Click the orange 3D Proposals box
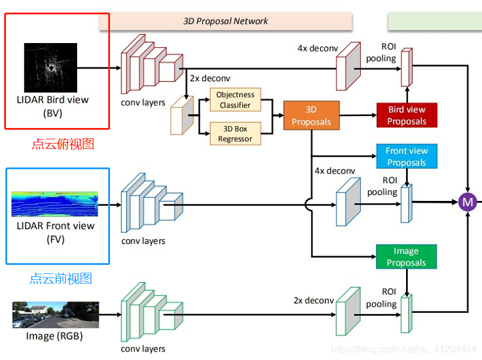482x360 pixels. click(311, 116)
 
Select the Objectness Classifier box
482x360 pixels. click(235, 99)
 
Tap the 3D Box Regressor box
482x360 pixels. click(235, 133)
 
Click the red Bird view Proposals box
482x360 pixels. click(407, 115)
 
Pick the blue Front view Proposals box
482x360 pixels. click(407, 156)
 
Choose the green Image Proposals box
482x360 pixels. click(406, 257)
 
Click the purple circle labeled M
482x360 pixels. click(467, 202)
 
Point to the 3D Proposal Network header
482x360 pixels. click(225, 21)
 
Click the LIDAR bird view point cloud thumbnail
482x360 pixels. click(51, 66)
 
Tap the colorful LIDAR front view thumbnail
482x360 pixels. click(55, 204)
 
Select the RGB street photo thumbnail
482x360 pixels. click(55, 315)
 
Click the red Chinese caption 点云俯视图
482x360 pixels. click(63, 144)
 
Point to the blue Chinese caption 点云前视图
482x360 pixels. click(61, 279)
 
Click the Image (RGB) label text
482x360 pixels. click(54, 336)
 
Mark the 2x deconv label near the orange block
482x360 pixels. click(210, 78)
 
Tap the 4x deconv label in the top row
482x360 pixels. click(318, 48)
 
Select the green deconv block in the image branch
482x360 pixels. click(347, 310)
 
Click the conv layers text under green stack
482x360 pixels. click(144, 349)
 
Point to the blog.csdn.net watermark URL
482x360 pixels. click(404, 349)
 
